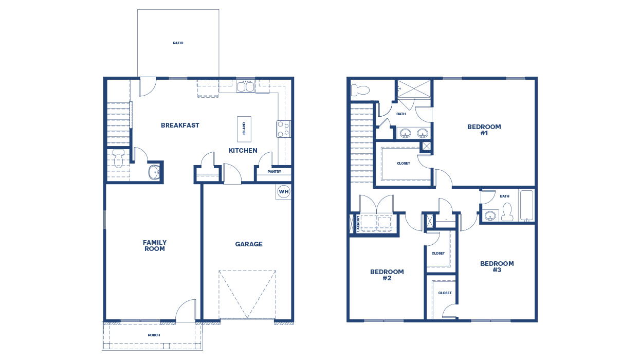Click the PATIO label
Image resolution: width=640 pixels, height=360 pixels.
[178, 43]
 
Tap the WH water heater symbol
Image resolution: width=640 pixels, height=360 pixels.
[283, 192]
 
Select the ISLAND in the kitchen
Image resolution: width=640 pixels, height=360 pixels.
[244, 129]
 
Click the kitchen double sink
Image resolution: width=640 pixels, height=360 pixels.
[245, 86]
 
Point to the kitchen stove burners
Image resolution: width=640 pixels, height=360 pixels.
[284, 129]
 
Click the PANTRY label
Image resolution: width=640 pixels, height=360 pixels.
[274, 172]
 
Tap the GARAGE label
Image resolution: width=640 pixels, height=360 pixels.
[249, 244]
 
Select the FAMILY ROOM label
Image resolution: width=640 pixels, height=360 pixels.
[154, 246]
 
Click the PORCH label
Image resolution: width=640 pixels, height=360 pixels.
[154, 335]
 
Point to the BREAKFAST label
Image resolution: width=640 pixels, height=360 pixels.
[180, 125]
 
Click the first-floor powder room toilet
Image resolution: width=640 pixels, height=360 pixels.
[118, 158]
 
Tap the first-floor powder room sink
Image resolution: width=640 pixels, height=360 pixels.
[154, 172]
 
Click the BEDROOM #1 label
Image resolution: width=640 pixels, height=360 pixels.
[484, 130]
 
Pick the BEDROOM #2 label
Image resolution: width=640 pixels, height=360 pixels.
[387, 275]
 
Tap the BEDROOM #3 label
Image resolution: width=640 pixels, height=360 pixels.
[497, 267]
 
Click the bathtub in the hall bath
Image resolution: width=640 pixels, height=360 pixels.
[526, 205]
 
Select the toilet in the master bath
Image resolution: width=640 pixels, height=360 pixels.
[360, 91]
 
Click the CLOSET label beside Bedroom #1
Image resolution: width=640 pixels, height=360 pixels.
[404, 164]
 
